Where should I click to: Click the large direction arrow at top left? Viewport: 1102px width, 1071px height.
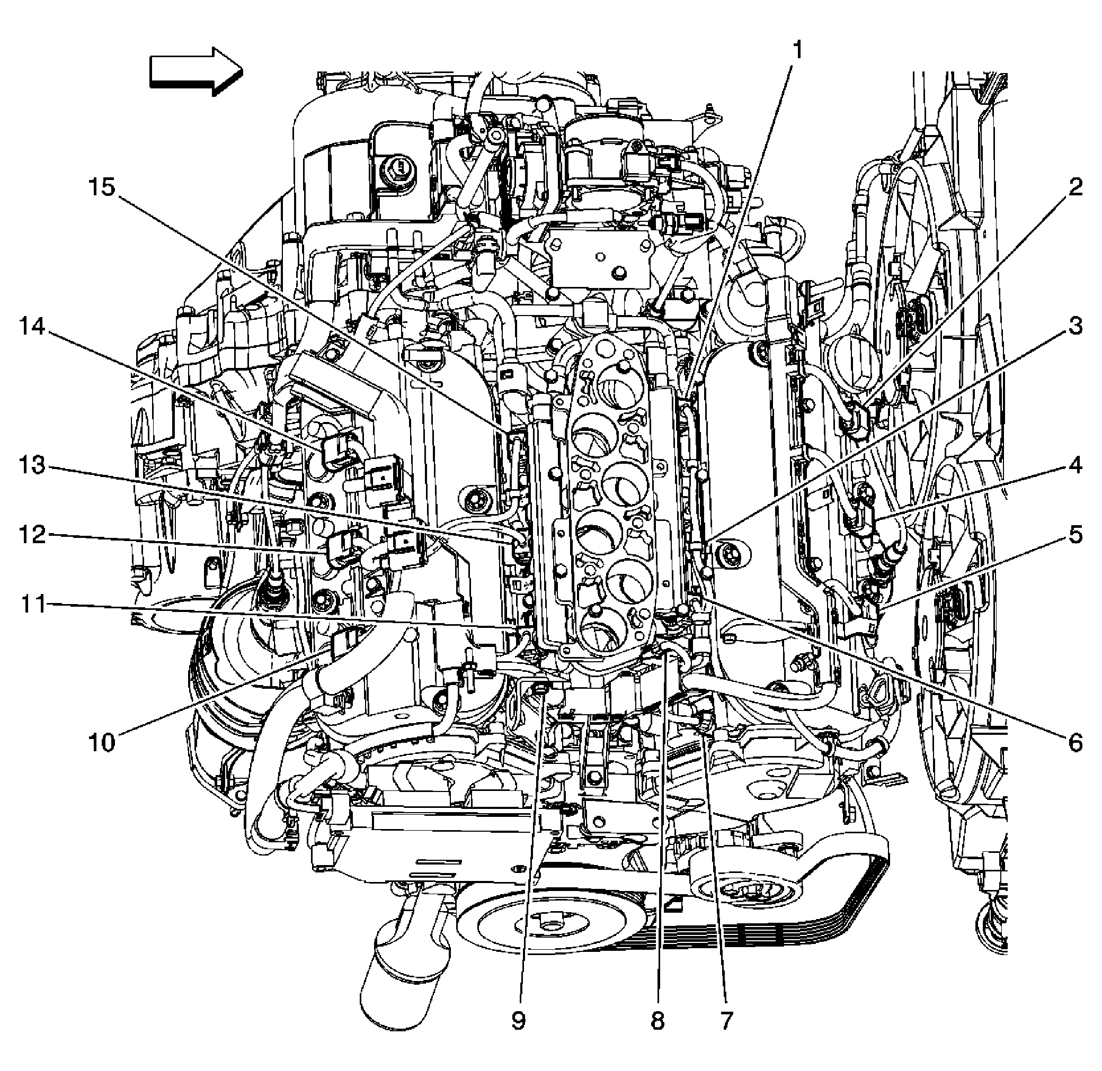(196, 71)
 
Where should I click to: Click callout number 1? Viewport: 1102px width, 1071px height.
(796, 51)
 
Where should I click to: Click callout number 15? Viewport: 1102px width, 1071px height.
(102, 187)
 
